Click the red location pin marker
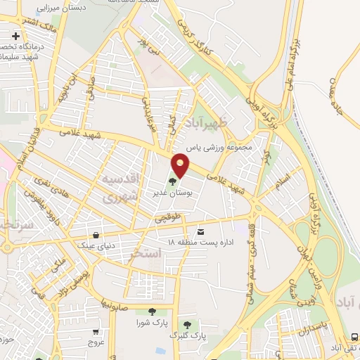181,165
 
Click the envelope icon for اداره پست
202,231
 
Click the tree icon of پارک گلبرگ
188,325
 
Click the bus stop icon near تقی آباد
354,339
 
